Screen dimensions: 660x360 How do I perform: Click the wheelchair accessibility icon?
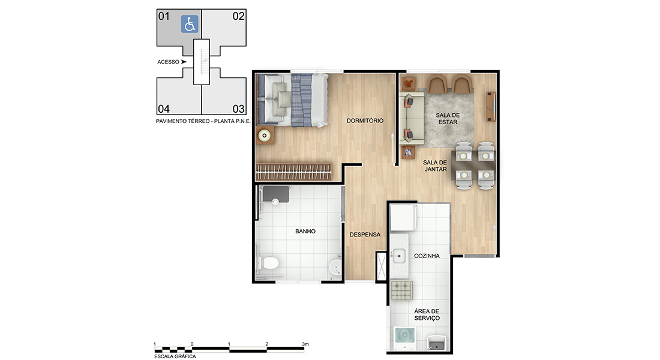pos(190,24)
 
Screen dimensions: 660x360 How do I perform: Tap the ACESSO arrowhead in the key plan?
pos(184,62)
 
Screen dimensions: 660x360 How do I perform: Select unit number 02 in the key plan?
pos(239,16)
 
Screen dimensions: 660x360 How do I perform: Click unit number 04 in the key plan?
pos(164,109)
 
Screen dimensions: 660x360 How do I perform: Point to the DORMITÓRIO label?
pos(365,121)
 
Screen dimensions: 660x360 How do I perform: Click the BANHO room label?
pos(305,232)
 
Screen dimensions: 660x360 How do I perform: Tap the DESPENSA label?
pos(365,235)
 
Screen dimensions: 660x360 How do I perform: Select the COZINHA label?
pos(427,256)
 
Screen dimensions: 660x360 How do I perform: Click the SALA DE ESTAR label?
pos(448,119)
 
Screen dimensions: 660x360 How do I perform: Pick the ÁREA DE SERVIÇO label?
pos(427,314)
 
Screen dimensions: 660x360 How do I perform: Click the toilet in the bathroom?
pos(269,263)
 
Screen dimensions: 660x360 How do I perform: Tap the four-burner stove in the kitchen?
pos(401,290)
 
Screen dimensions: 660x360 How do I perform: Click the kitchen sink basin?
pos(398,256)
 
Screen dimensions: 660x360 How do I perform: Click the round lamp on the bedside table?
pos(265,135)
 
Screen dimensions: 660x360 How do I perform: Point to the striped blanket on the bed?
pos(301,100)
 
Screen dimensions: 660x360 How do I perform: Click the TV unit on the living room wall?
pos(491,107)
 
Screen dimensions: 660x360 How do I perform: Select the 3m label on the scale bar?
pos(305,344)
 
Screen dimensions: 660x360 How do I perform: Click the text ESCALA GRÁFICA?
pos(175,356)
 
